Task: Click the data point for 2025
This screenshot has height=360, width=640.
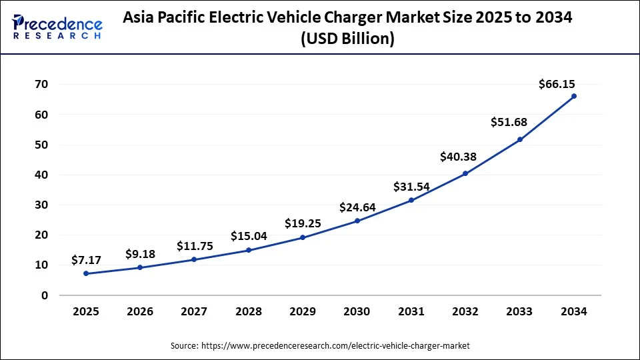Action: click(x=85, y=273)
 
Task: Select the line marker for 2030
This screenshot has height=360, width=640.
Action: click(x=357, y=221)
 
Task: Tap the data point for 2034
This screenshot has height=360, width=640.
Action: click(x=574, y=96)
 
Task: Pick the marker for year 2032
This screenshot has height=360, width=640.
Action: click(x=465, y=173)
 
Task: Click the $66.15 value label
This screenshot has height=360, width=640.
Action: click(x=557, y=84)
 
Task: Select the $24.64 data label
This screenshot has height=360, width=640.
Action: click(x=357, y=207)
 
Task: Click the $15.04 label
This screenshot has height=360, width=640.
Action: click(x=249, y=236)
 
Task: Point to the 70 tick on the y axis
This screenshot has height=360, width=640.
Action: click(x=41, y=85)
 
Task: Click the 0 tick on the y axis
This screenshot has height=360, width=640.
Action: click(x=45, y=295)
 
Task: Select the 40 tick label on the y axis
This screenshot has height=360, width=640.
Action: click(x=41, y=175)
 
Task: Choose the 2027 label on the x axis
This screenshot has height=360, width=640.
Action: click(x=194, y=311)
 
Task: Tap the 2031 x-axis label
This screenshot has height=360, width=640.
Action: click(x=411, y=311)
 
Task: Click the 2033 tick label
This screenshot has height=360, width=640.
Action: click(x=520, y=311)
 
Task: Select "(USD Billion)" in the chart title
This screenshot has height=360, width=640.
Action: click(x=347, y=39)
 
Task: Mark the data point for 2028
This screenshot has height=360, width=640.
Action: click(x=249, y=250)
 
